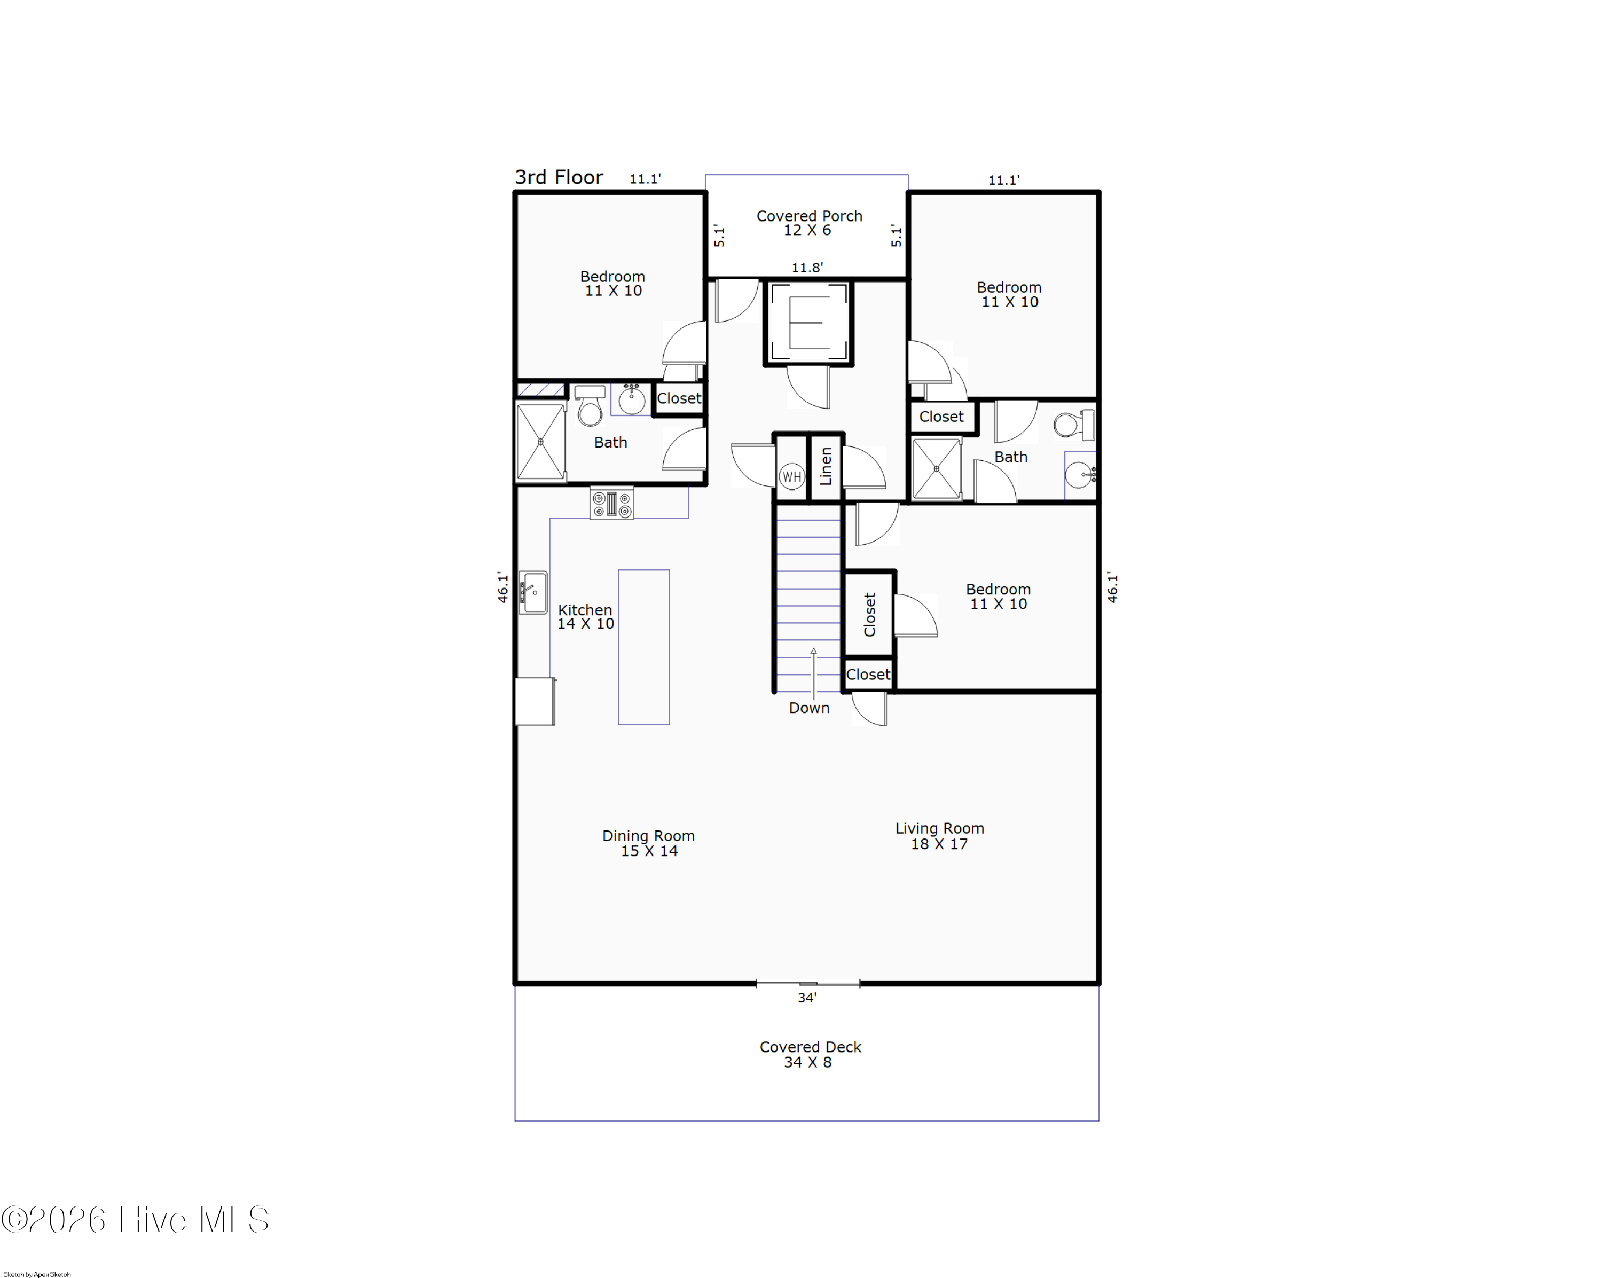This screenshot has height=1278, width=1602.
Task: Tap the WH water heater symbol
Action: point(791,476)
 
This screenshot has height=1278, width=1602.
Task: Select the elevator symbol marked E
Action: point(808,323)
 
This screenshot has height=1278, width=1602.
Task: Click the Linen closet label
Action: point(826,466)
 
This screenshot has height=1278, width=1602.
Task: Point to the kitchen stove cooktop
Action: point(611,503)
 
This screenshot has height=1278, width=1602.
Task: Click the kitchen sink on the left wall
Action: point(533,592)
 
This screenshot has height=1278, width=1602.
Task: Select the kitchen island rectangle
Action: point(643,647)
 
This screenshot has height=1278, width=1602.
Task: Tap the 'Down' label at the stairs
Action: point(809,708)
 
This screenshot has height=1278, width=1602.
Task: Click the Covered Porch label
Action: point(809,223)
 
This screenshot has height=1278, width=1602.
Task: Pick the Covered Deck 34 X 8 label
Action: point(810,1054)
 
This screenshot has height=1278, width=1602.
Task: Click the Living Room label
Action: point(939,836)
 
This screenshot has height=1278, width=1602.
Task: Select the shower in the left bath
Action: point(540,442)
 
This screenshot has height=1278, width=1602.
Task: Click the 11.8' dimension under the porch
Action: point(807,268)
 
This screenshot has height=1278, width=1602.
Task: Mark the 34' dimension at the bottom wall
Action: point(807,998)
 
